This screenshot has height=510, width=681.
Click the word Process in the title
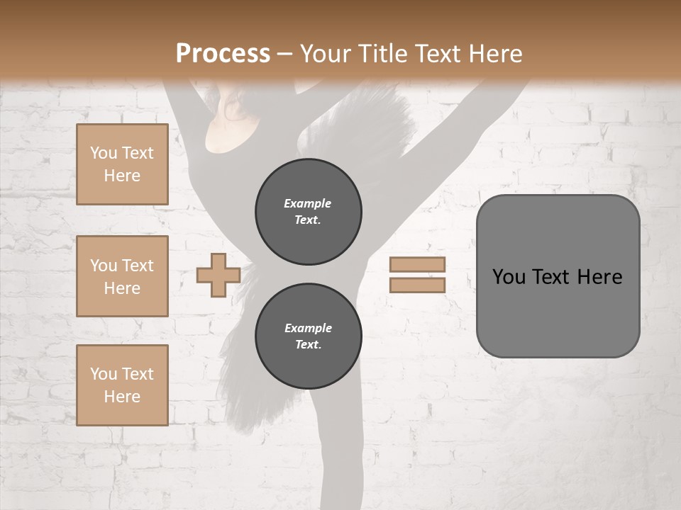[x=223, y=53]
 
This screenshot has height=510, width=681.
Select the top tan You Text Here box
[x=122, y=164]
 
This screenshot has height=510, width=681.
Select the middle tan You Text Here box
[x=122, y=276]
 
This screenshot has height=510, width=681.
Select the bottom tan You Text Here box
[x=122, y=385]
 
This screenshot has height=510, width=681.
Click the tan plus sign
[x=218, y=275]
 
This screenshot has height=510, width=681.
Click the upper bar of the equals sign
[x=417, y=265]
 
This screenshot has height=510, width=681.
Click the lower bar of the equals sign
[x=417, y=285]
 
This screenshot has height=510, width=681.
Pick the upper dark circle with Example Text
[x=309, y=211]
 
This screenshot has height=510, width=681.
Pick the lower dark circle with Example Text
[x=309, y=336]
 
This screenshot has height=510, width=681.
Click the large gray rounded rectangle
[x=558, y=312]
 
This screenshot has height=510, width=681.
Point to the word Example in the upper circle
[x=308, y=203]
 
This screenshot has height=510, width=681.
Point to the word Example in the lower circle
[x=308, y=328]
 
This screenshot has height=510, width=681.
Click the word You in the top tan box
[x=104, y=153]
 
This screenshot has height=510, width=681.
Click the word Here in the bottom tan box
[x=122, y=397]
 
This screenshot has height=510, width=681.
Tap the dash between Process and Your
[x=284, y=54]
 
